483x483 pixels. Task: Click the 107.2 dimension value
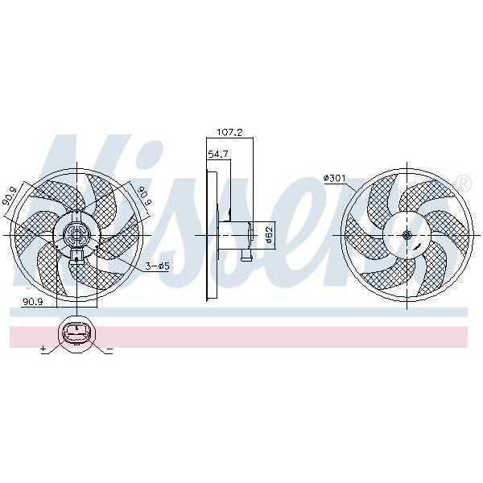coord(229,133)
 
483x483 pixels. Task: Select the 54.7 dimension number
coord(218,154)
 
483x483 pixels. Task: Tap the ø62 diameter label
coord(269,235)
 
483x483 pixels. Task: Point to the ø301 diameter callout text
coord(335,178)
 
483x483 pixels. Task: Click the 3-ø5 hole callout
coord(158,266)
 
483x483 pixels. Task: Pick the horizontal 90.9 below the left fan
coord(32,302)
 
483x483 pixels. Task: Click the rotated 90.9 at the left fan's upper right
coord(145,196)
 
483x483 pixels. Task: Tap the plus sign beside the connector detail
coord(43,349)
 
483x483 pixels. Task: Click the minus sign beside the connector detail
coord(109,349)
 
